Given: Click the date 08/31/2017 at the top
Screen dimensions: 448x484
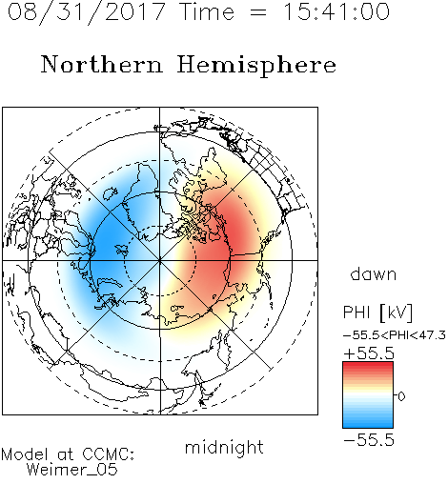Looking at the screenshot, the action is pos(86,12).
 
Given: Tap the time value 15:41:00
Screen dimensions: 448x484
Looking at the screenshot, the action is pos(336,11).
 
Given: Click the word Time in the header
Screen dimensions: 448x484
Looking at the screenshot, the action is pos(207,11).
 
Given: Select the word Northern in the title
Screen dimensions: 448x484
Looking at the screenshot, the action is pos(102,64).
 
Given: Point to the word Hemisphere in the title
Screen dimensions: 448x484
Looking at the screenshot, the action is pos(256,66).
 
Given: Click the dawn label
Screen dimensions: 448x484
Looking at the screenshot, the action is pos(374,273).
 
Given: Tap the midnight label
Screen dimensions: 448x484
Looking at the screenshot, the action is pos(224,447).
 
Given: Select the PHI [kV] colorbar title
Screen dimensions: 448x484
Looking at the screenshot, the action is pos(377,313).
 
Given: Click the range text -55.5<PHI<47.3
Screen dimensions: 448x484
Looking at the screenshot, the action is pos(395,335).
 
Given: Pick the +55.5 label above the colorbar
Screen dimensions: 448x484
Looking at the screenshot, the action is pos(369,353).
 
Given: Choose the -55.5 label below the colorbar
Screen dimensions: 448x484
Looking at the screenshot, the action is pos(369,440).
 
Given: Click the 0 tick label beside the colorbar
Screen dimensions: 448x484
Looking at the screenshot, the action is pos(401,396).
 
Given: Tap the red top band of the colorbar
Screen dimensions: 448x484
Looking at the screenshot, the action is pos(368,366).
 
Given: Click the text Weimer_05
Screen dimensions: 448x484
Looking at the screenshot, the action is pos(72,470).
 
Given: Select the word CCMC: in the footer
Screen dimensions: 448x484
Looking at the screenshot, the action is pos(108,454).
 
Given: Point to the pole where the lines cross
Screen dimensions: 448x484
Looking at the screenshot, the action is pos(160,260).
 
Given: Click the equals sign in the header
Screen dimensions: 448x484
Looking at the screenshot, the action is pos(258,12).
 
